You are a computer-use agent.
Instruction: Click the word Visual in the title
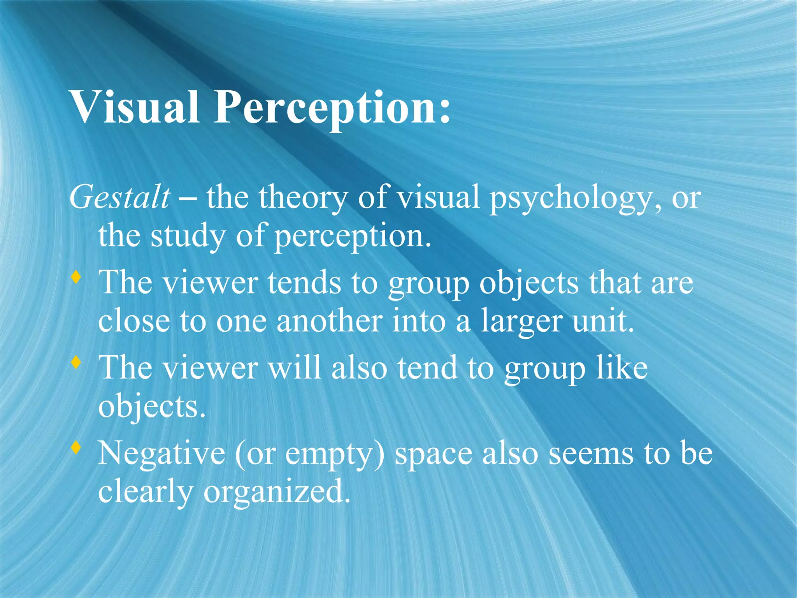134,107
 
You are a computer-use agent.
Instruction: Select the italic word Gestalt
120,197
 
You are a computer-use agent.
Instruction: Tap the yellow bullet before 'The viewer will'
76,363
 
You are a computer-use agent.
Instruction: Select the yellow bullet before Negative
76,448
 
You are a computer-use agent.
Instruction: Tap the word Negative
162,454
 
